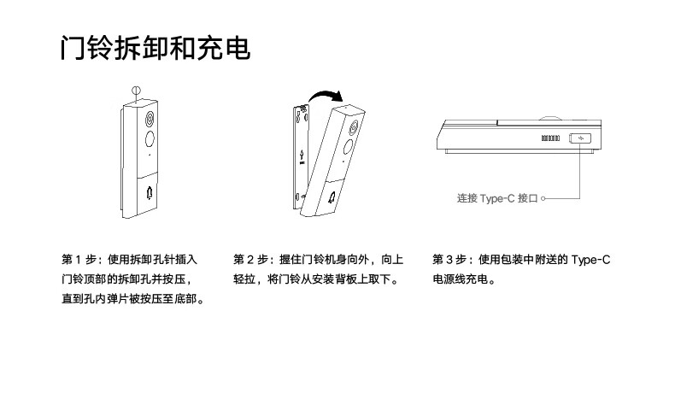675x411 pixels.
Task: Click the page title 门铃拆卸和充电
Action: (155, 49)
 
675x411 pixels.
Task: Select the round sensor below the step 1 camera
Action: (148, 139)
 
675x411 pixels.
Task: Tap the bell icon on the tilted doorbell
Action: (331, 198)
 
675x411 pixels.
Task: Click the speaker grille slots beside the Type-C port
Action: (549, 138)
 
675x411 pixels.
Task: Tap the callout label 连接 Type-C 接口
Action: (498, 198)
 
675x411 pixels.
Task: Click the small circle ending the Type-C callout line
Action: (543, 198)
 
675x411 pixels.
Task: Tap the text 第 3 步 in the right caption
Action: (449, 259)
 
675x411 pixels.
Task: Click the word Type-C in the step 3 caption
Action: (591, 259)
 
